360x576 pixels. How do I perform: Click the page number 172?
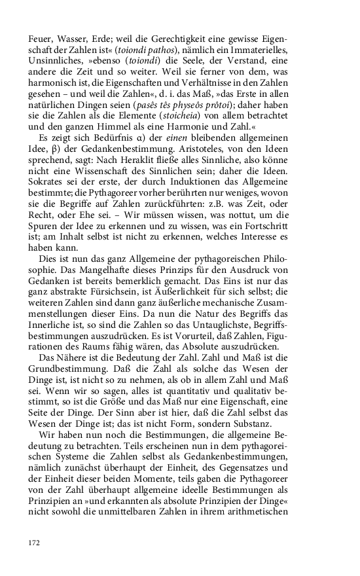click(35, 542)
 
